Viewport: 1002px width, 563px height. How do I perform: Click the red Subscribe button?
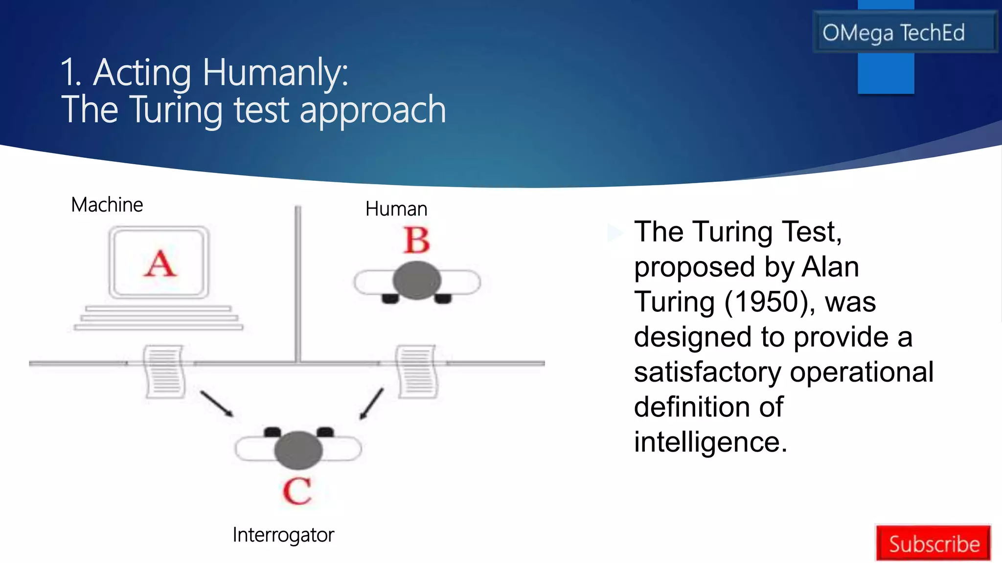pyautogui.click(x=934, y=543)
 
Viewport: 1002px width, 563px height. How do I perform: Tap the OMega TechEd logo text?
pyautogui.click(x=893, y=33)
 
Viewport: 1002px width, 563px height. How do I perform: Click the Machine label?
pyautogui.click(x=107, y=205)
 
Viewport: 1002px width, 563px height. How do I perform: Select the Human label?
pyautogui.click(x=396, y=209)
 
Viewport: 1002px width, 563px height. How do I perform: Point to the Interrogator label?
pyautogui.click(x=283, y=535)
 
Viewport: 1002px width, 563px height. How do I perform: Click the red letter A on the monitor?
pyautogui.click(x=159, y=264)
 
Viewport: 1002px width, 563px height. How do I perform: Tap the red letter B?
pyautogui.click(x=417, y=240)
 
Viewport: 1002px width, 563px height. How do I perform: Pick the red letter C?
pyautogui.click(x=297, y=491)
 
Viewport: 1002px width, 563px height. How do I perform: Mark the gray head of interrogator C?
pyautogui.click(x=298, y=450)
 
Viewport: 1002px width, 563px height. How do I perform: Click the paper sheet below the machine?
pyautogui.click(x=164, y=371)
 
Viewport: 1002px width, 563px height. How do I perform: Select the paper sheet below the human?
pyautogui.click(x=417, y=371)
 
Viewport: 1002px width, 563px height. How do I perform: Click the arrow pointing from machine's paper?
pyautogui.click(x=216, y=404)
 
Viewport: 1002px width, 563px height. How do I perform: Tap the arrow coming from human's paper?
pyautogui.click(x=371, y=404)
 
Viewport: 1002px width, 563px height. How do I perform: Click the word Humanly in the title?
pyautogui.click(x=275, y=72)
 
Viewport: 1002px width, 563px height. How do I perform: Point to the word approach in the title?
pyautogui.click(x=372, y=110)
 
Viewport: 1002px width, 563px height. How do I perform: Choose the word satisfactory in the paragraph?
pyautogui.click(x=707, y=372)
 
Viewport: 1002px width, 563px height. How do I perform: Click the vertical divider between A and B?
pyautogui.click(x=297, y=283)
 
